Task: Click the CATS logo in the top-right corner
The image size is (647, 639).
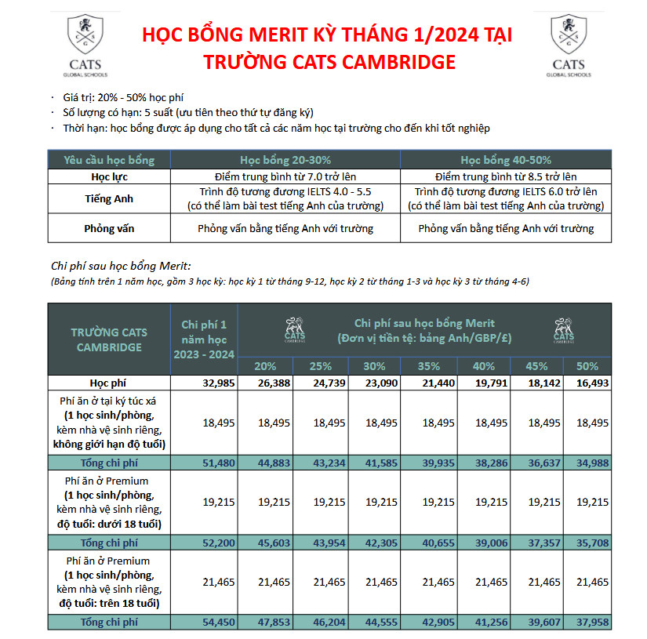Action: coord(568,45)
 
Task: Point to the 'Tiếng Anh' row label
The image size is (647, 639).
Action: coord(109,199)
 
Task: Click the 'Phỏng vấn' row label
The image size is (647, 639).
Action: coord(109,229)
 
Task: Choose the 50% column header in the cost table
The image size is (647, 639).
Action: coord(587,366)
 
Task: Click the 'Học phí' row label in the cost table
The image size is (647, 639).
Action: coord(109,383)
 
